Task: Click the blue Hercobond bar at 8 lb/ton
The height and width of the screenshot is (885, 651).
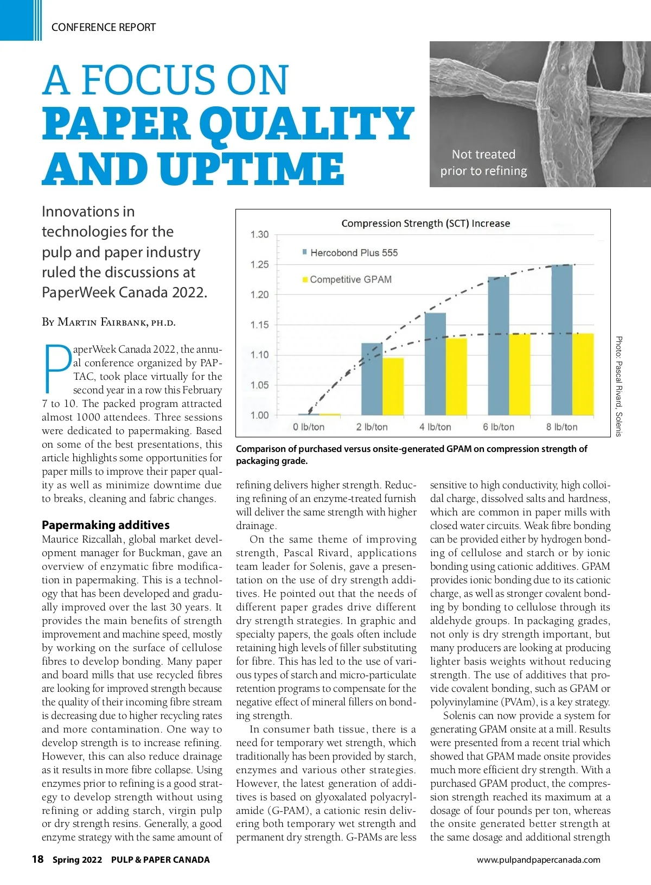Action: click(561, 340)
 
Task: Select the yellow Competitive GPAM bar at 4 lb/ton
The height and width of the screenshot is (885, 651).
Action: click(456, 377)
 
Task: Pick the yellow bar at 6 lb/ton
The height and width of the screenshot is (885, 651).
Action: click(519, 374)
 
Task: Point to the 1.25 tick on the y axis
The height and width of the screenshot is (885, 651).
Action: click(259, 265)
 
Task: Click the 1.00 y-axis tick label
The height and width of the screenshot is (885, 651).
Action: click(259, 415)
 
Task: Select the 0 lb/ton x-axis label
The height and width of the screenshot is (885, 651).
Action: click(309, 427)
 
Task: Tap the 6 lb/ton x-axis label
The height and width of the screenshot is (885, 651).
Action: click(499, 427)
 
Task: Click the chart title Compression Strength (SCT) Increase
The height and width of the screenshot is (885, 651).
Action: click(425, 224)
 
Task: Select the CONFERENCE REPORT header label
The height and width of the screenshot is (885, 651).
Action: click(103, 27)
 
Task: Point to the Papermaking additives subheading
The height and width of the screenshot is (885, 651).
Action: click(106, 525)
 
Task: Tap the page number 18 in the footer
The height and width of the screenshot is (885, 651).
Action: click(37, 859)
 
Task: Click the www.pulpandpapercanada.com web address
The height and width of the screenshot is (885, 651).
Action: click(538, 859)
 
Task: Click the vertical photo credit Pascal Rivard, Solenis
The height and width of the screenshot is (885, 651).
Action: click(619, 386)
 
